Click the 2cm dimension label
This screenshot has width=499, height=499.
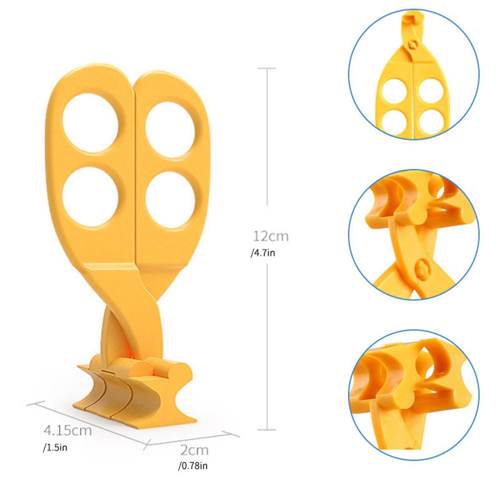(x=194, y=451)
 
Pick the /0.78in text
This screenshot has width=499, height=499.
(x=192, y=467)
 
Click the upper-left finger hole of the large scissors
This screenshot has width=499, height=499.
(x=91, y=123)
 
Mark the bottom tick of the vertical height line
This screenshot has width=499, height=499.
(x=268, y=428)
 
